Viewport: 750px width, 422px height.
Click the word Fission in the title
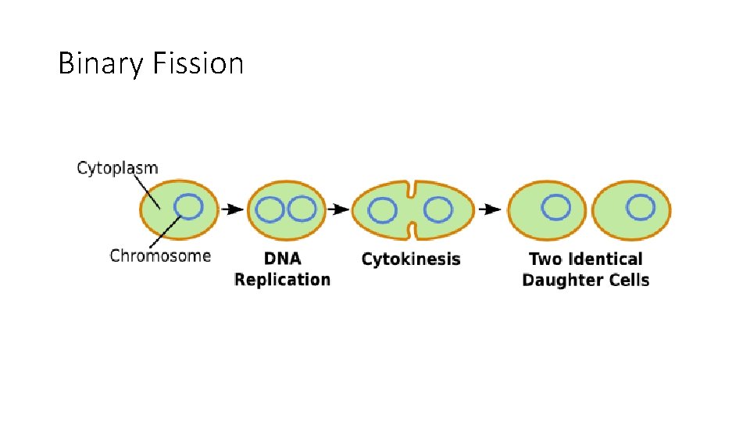(x=198, y=63)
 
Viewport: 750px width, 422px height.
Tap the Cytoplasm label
(x=117, y=168)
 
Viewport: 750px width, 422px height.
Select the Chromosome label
(x=160, y=256)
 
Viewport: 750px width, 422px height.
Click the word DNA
(x=282, y=259)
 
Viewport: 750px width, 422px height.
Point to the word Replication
(x=282, y=280)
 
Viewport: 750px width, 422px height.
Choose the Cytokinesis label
(x=411, y=259)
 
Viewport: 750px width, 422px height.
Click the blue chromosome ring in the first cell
(x=188, y=207)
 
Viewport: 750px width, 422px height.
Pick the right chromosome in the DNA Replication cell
(x=301, y=209)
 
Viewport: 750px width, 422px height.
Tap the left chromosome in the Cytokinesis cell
(x=382, y=210)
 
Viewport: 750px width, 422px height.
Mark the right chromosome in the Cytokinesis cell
(x=437, y=209)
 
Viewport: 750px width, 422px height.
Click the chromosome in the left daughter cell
(x=556, y=207)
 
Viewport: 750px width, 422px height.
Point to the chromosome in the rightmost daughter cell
(x=641, y=207)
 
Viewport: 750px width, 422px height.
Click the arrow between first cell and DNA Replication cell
(x=232, y=209)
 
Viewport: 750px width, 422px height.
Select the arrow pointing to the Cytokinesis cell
(x=337, y=209)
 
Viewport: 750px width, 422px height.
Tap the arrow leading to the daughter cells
(x=490, y=209)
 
